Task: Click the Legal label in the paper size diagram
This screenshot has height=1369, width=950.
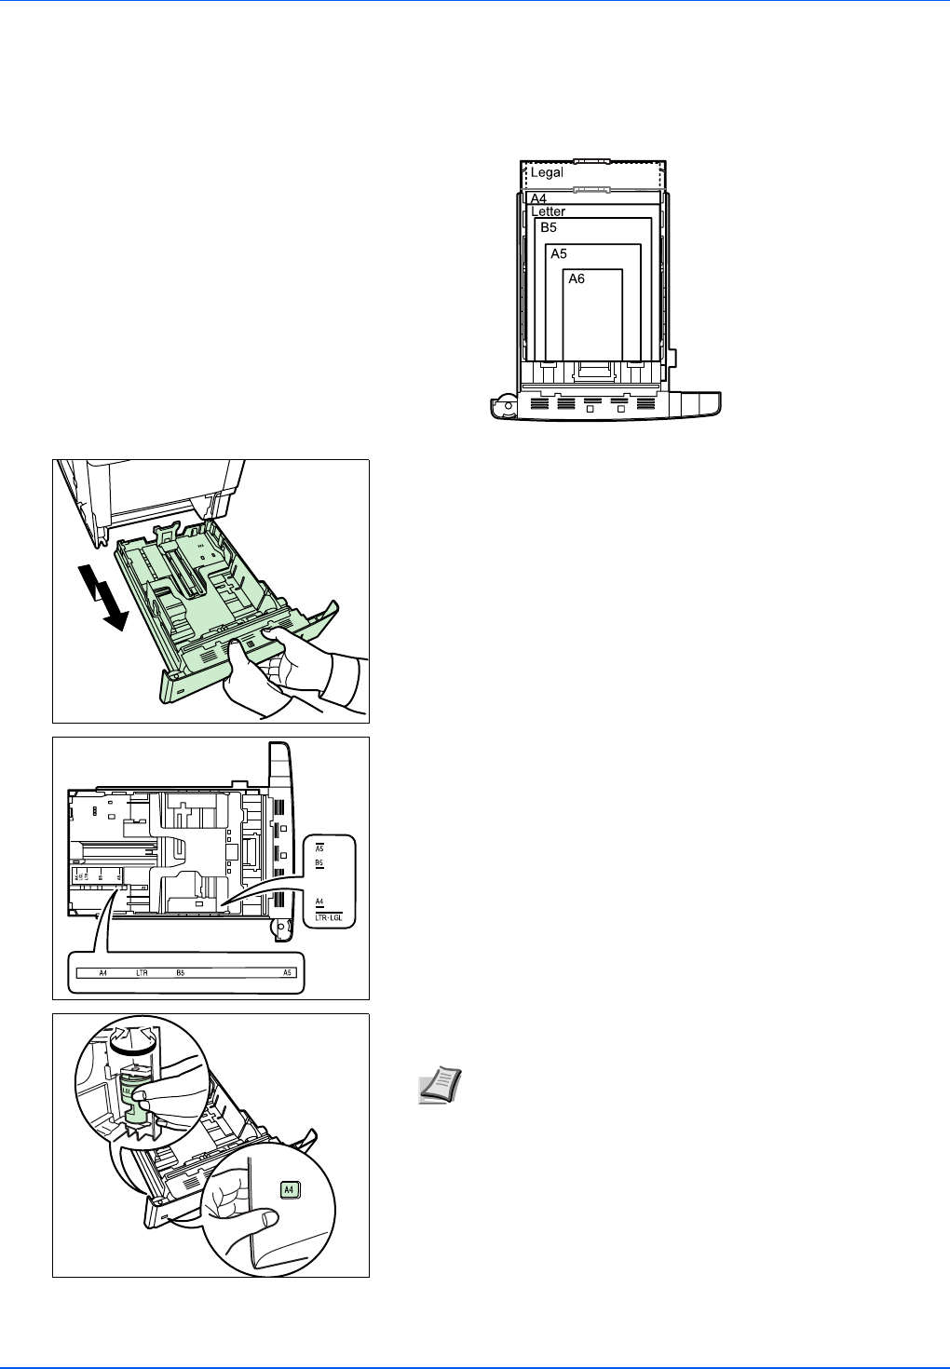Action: point(547,172)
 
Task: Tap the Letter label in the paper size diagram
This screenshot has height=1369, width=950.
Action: point(549,211)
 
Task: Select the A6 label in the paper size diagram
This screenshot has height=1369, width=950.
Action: point(577,278)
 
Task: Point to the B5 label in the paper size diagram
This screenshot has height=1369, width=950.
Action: point(549,227)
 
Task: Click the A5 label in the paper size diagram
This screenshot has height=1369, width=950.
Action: point(558,253)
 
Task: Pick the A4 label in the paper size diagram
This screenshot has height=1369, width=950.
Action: point(538,198)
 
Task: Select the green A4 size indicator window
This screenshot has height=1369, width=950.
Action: point(289,1189)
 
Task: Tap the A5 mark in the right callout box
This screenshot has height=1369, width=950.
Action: point(319,848)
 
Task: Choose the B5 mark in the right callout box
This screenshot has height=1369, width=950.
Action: point(319,863)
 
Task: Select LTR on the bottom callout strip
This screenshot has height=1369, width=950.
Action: point(142,973)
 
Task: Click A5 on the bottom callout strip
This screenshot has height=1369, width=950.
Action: point(288,973)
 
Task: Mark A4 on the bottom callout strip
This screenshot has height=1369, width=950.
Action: point(103,973)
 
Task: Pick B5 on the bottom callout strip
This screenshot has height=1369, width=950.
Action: point(180,973)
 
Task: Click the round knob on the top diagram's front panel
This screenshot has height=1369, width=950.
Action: point(506,404)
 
